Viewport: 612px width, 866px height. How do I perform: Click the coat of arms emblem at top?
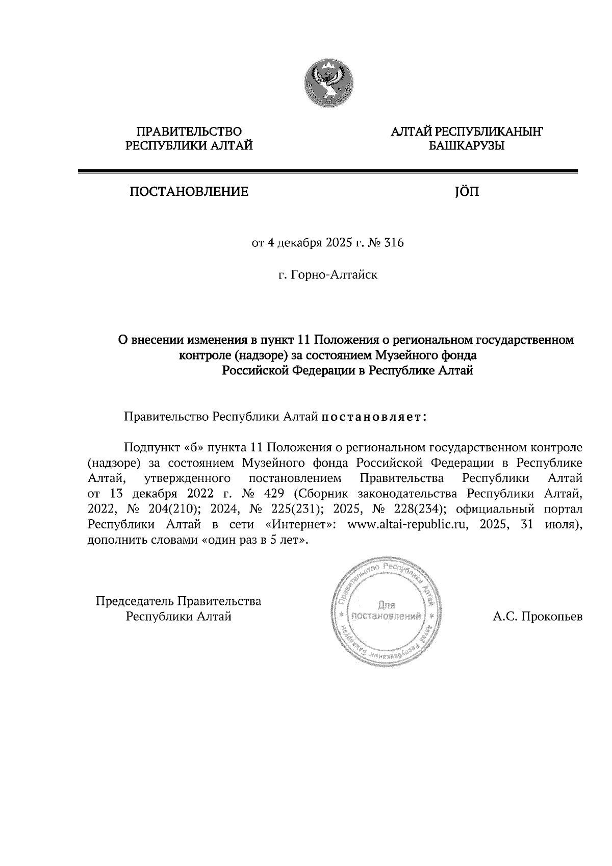(329, 83)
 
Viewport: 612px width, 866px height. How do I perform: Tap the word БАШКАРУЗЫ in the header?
(466, 146)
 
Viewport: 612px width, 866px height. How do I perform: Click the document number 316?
(394, 243)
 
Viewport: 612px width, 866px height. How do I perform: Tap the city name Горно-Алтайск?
(334, 275)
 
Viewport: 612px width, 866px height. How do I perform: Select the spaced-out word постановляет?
(374, 417)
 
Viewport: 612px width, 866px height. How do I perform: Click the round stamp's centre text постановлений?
(386, 616)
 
